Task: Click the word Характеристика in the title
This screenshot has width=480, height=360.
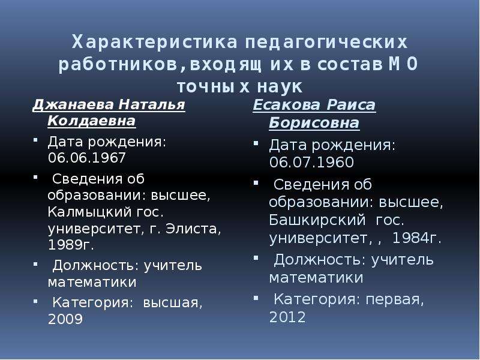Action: [x=155, y=42]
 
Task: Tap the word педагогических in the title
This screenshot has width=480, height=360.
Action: [x=326, y=43]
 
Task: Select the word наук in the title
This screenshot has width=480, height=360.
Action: [x=280, y=86]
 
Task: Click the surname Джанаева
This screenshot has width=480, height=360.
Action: [x=73, y=104]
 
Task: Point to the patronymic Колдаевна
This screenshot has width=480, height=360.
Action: [x=92, y=121]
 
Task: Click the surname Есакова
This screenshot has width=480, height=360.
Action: [x=286, y=105]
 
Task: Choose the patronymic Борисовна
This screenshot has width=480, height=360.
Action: [x=314, y=123]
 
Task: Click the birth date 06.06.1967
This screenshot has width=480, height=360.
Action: [x=86, y=158]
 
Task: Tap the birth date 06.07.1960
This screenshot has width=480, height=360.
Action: [x=311, y=162]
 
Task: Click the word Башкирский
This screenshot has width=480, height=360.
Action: [x=317, y=220]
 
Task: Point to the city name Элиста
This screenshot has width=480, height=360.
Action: [x=193, y=229]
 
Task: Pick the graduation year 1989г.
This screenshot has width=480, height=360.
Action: [x=71, y=245]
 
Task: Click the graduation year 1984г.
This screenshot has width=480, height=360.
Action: [x=416, y=238]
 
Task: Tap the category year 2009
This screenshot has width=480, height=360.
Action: [x=65, y=319]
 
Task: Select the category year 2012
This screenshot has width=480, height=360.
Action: [x=287, y=317]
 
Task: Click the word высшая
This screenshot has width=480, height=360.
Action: [x=173, y=303]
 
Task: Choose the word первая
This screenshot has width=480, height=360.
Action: [x=395, y=299]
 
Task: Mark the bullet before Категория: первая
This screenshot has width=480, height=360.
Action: [x=256, y=297]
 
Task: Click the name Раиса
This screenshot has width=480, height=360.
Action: [x=351, y=105]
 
